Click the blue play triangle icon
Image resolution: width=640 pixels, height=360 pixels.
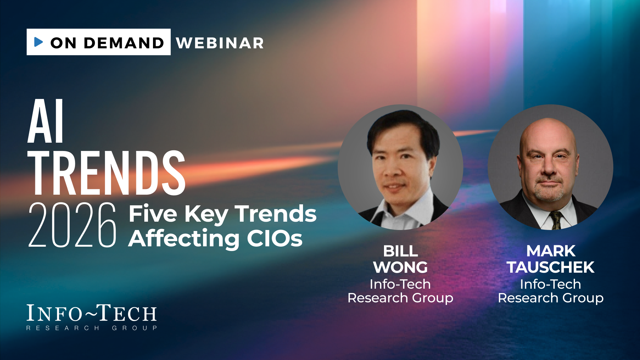[x=38, y=42]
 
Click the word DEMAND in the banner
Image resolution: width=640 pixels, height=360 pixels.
[x=124, y=43]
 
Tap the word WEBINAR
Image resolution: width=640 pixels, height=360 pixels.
[x=220, y=43]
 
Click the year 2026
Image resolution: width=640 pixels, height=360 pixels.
[x=72, y=225]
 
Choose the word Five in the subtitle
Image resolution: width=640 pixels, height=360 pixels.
[x=153, y=214]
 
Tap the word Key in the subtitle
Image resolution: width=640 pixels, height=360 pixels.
[x=206, y=215]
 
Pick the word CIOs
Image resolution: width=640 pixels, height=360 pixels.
[x=275, y=239]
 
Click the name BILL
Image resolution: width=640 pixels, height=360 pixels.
[x=400, y=251]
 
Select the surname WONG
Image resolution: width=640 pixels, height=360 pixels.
[x=400, y=267]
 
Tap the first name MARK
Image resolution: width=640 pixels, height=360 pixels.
[x=551, y=251]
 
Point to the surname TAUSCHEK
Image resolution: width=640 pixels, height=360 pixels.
[x=551, y=267]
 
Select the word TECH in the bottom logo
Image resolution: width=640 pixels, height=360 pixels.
[x=127, y=313]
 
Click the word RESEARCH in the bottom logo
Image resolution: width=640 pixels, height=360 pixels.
[x=63, y=328]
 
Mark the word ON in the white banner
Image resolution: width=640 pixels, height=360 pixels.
[x=63, y=43]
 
